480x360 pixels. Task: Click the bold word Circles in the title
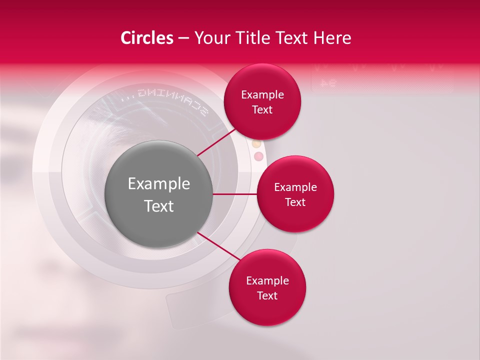[147, 38]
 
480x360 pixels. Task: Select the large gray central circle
[159, 194]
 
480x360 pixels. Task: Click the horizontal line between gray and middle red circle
[234, 194]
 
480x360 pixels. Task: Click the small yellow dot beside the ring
[256, 144]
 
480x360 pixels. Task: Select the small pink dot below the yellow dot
[258, 156]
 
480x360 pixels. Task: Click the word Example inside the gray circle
[159, 184]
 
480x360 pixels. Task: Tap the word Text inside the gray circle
[159, 206]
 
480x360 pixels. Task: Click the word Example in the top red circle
[262, 94]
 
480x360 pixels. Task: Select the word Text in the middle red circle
[295, 202]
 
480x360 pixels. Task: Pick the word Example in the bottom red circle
[267, 280]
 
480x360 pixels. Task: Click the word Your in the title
[211, 38]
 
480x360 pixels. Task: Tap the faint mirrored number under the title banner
[327, 83]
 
